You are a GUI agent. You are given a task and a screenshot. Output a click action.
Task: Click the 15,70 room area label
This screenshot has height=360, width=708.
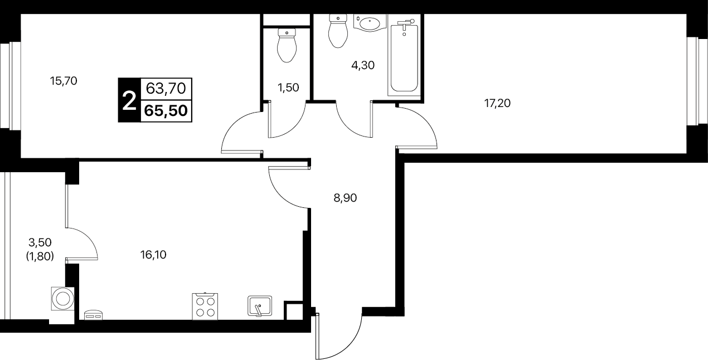point(64,81)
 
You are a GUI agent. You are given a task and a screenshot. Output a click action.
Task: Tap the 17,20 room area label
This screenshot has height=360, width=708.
point(497,103)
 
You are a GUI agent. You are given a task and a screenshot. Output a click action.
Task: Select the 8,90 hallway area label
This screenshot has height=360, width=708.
point(345,198)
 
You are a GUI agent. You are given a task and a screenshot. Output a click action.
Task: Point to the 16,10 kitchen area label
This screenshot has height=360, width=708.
point(153,255)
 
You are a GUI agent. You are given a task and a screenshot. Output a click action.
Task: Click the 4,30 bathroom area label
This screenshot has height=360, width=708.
point(363,65)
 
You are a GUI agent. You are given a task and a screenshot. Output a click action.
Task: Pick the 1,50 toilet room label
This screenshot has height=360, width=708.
point(288,87)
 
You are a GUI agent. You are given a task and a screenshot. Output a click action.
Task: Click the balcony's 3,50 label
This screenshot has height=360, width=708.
point(40,242)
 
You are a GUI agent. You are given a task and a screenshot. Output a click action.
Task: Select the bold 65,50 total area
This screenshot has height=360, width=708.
point(166,111)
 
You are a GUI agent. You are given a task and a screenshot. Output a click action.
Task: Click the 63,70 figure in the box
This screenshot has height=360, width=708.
point(166,89)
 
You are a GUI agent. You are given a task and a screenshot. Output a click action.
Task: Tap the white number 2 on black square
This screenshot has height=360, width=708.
point(129,100)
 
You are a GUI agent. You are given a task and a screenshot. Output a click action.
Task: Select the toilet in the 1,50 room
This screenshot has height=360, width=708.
point(287,45)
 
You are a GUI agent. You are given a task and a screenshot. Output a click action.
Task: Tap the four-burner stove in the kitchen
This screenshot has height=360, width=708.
point(205,307)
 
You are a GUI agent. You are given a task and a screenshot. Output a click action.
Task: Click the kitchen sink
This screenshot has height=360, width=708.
point(260,305)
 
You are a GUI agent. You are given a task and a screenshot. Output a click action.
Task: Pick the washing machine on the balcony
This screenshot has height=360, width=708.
point(62,298)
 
